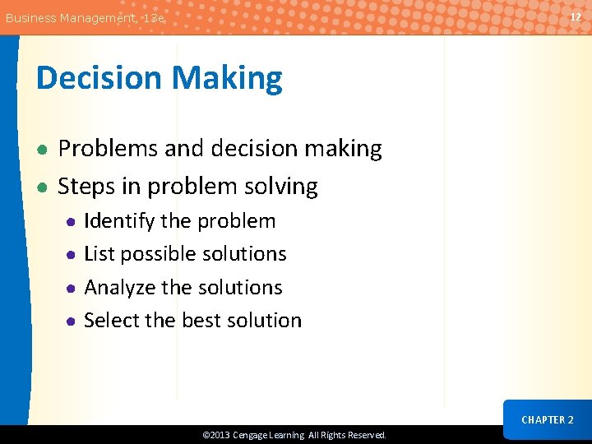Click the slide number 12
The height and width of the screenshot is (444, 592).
click(x=576, y=17)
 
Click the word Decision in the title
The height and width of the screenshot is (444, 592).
click(x=98, y=78)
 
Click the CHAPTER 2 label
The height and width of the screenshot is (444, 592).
click(x=548, y=419)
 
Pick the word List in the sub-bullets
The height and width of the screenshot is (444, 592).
click(x=99, y=254)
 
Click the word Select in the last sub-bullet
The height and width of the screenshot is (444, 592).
click(x=112, y=321)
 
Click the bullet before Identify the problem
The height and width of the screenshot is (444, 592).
click(x=72, y=222)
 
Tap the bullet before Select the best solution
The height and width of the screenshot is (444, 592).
click(x=72, y=321)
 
